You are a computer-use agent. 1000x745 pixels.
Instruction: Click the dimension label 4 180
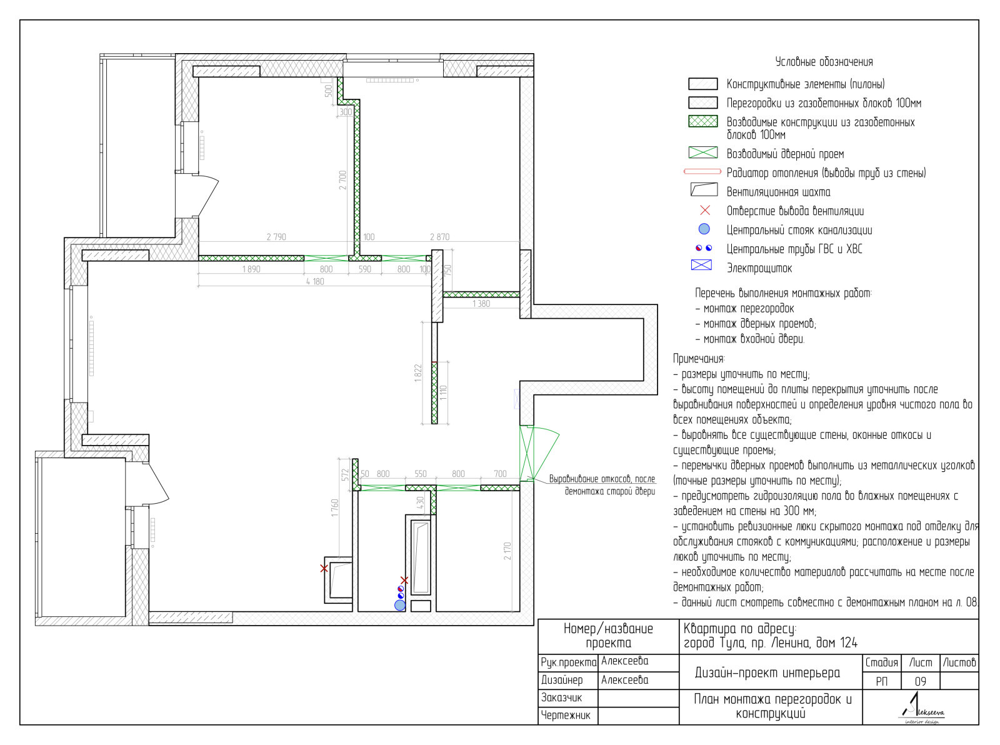tap(315, 281)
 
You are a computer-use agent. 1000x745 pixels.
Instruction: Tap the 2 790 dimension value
tap(276, 237)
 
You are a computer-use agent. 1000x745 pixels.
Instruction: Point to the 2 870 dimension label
tap(439, 237)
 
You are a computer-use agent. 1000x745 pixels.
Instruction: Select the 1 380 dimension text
tap(481, 304)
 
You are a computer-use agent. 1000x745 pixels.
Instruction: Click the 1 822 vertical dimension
tap(418, 373)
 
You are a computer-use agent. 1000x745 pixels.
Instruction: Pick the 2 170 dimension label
tap(507, 551)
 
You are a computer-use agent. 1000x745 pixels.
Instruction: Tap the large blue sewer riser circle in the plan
tap(399, 605)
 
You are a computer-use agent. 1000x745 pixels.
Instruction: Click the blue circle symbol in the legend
tap(704, 229)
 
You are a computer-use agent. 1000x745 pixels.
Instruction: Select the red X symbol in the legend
tap(705, 210)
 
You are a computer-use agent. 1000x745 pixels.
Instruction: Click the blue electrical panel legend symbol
tap(701, 265)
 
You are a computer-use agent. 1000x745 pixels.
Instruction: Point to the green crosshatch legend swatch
tap(702, 121)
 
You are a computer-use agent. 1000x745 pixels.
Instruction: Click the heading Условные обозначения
tap(824, 62)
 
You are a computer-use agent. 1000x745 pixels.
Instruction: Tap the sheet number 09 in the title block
tap(920, 681)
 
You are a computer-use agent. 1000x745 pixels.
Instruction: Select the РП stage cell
tap(881, 681)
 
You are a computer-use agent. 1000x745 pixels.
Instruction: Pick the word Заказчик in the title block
tap(561, 697)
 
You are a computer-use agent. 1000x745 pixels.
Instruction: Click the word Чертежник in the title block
tap(566, 715)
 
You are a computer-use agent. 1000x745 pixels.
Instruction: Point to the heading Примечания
tap(698, 359)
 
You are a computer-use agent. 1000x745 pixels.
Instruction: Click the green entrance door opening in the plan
tap(527, 453)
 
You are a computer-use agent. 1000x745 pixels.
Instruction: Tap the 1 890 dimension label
tap(251, 269)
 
